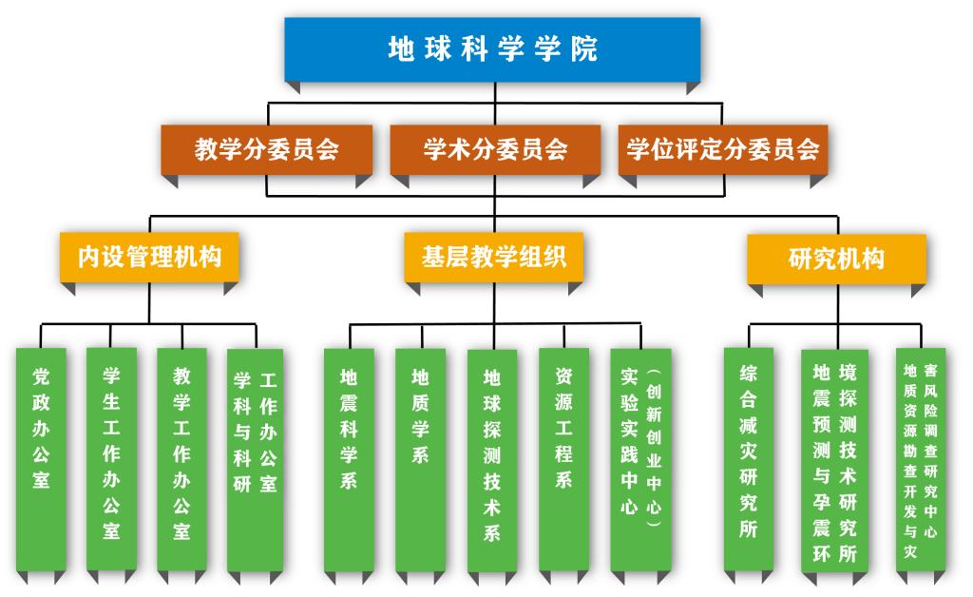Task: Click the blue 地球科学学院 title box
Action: tap(493, 49)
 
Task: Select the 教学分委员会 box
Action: tap(267, 149)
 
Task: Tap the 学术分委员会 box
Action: tap(495, 149)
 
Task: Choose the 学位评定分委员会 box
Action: tap(723, 149)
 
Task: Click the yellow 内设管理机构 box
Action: tap(149, 257)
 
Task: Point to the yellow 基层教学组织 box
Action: tap(494, 257)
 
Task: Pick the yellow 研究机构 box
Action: tap(836, 259)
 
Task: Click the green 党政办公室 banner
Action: tap(41, 459)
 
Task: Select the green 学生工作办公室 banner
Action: tap(112, 459)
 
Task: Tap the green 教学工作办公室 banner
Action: tap(181, 459)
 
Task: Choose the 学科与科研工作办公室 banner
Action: tap(255, 460)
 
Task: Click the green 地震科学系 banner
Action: tap(349, 460)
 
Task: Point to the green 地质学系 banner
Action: tap(421, 460)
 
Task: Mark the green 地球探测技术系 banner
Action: tap(492, 461)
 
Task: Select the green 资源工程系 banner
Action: tap(564, 460)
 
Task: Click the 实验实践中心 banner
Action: tap(641, 460)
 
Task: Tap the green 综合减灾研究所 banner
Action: tap(749, 460)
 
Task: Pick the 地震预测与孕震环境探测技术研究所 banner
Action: tap(834, 461)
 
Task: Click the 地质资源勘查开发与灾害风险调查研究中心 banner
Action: tap(921, 460)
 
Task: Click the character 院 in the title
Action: tap(584, 49)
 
